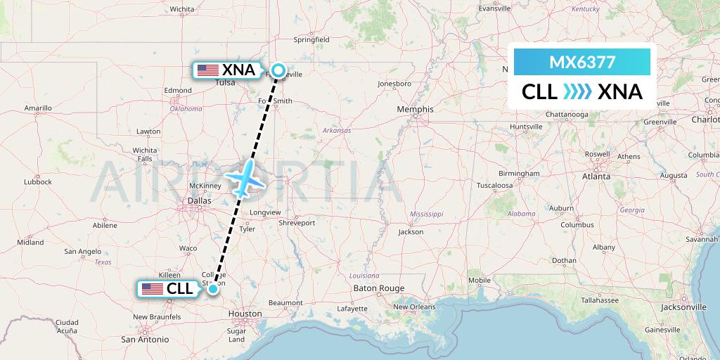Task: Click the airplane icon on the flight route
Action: [244, 179]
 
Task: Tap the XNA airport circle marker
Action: [278, 70]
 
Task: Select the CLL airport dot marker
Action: [213, 288]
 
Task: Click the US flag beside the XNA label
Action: [208, 70]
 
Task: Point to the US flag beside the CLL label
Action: [152, 288]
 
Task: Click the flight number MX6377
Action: [582, 63]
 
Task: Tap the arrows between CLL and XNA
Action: [577, 91]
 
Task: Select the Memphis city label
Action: [415, 109]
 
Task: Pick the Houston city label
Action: [245, 314]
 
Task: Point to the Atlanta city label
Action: [596, 177]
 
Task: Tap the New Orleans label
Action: [416, 307]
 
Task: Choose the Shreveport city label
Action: [297, 223]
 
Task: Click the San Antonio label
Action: [146, 339]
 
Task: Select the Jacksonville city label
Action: [683, 307]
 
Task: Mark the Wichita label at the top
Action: [181, 9]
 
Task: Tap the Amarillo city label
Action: [38, 108]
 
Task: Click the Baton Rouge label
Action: [378, 288]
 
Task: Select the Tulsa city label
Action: [225, 82]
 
